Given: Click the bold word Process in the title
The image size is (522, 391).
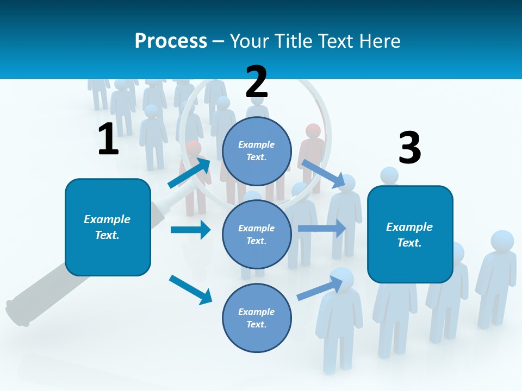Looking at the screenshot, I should [171, 41].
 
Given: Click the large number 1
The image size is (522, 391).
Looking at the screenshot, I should [108, 139].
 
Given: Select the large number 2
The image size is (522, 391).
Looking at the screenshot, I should [257, 82].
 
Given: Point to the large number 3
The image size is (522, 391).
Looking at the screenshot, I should [409, 148].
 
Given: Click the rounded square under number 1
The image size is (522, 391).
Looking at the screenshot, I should [108, 227].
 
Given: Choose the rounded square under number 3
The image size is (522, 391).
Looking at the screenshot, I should [410, 234].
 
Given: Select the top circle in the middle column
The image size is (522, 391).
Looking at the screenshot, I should [257, 151].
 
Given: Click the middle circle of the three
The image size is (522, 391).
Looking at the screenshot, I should [257, 234].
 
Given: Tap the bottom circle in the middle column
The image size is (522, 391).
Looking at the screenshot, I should [257, 318].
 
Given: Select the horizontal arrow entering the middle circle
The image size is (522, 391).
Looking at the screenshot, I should [190, 230].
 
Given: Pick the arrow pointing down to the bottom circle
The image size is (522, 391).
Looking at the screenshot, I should [190, 289].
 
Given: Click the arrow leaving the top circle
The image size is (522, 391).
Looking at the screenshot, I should [324, 173].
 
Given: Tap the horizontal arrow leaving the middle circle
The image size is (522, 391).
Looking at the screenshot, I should [321, 229].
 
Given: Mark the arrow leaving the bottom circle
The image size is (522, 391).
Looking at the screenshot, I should [320, 288].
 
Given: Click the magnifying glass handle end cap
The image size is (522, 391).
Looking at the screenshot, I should [16, 312].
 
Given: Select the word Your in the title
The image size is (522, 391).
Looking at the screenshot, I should [248, 41].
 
